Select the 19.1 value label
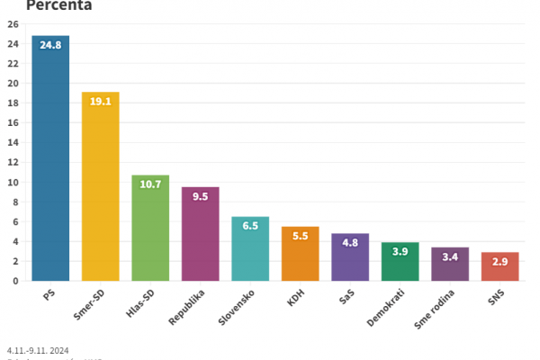(x=100, y=102)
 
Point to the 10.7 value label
(x=150, y=184)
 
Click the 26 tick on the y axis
(x=13, y=24)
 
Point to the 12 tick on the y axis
(x=13, y=162)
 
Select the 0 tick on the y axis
(x=16, y=281)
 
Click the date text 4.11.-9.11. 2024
(x=38, y=350)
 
